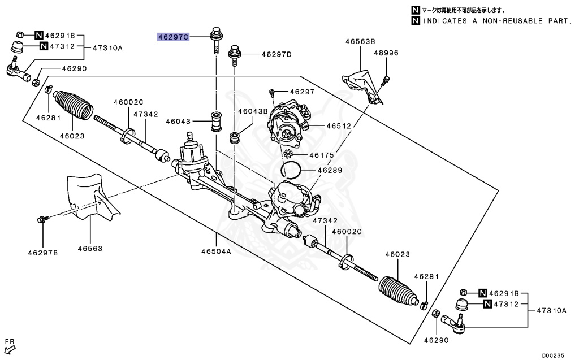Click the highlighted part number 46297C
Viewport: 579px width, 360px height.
(172, 38)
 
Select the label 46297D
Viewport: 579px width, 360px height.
(276, 55)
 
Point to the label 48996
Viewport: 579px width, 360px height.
(386, 53)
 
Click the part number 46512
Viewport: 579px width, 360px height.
(338, 127)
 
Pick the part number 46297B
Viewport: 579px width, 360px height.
(44, 252)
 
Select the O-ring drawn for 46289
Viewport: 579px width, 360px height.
(291, 168)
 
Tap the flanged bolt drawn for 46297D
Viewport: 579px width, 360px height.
(235, 55)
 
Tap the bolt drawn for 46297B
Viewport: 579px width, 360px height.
(43, 218)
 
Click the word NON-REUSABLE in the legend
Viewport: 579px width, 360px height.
(498, 21)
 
